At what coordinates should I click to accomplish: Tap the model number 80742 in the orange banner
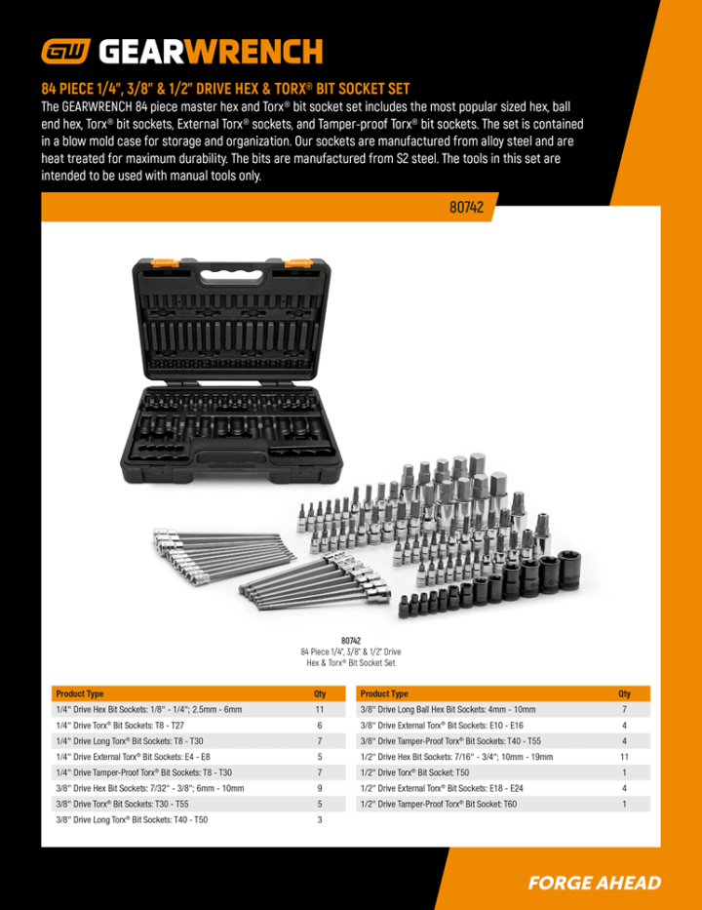[x=467, y=208]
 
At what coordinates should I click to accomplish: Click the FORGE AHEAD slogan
[x=594, y=884]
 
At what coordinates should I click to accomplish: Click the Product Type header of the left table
[x=80, y=693]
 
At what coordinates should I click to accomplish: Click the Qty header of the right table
[x=624, y=693]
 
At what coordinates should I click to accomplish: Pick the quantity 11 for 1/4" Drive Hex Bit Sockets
[x=319, y=710]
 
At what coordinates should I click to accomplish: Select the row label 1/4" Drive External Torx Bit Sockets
[x=133, y=757]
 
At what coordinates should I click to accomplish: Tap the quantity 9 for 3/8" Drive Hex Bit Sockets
[x=319, y=788]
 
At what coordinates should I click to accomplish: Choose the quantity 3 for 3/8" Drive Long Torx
[x=319, y=820]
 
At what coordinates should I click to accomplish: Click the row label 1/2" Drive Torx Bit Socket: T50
[x=414, y=772]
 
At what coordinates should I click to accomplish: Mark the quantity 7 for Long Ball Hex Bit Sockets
[x=624, y=710]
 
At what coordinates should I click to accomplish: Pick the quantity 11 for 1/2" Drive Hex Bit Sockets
[x=624, y=757]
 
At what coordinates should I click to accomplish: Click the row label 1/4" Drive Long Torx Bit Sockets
[x=130, y=741]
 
